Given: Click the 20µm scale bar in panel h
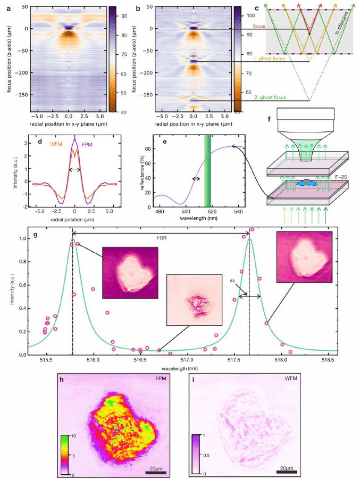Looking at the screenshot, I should coord(156,472).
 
